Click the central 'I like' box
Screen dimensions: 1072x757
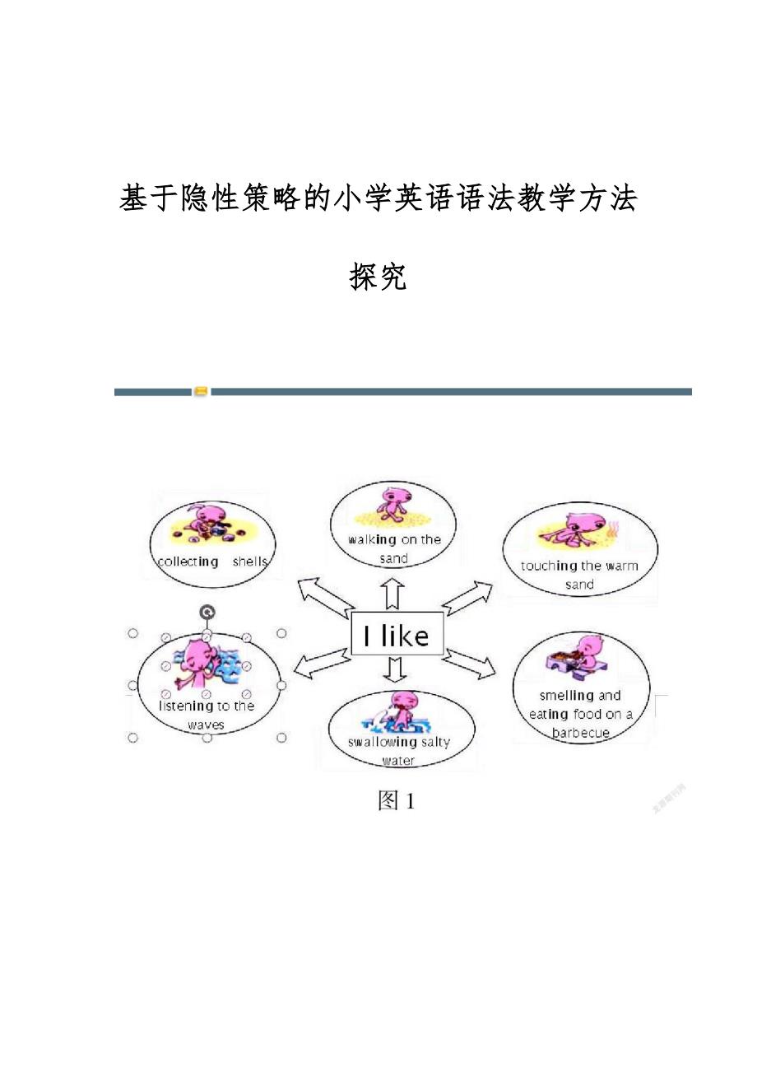click(x=397, y=634)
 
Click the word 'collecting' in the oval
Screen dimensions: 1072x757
click(x=187, y=562)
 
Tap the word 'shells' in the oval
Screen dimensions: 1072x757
click(x=250, y=562)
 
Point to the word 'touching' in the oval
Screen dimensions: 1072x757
click(x=549, y=566)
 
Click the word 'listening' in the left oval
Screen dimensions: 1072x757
click(x=186, y=706)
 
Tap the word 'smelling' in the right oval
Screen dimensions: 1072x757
click(x=567, y=696)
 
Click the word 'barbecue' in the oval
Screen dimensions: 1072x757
click(x=581, y=733)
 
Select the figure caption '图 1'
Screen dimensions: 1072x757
click(x=396, y=801)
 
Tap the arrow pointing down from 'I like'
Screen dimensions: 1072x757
click(x=396, y=670)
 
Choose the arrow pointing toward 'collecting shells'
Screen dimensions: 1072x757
click(x=323, y=598)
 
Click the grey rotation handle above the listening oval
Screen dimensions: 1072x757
click(x=207, y=612)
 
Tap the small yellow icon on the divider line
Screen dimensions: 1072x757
click(x=202, y=392)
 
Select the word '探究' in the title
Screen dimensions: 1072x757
click(x=378, y=277)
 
